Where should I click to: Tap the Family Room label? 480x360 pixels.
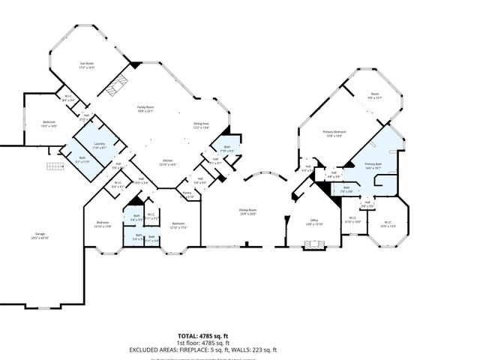145,109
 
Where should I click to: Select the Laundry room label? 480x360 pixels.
99,143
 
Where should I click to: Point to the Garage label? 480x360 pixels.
40,236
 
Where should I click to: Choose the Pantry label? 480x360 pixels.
187,194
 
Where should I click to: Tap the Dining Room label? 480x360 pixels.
248,212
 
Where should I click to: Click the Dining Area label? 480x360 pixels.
202,125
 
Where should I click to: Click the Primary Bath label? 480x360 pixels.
373,166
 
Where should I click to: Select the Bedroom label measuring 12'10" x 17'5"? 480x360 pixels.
178,224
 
